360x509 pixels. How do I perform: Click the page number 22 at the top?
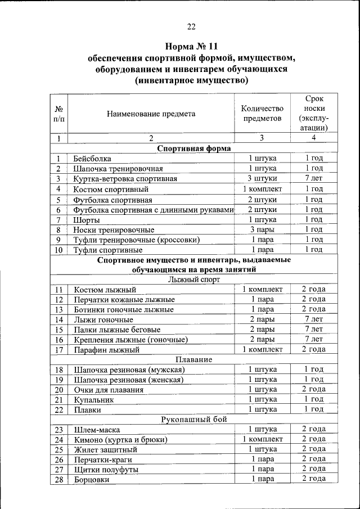tap(191, 26)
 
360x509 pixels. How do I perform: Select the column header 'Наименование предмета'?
tap(151, 114)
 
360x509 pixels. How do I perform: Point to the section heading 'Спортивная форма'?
tap(191, 148)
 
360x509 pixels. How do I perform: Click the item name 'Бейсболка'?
tap(92, 159)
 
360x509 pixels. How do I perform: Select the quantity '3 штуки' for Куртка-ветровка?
tap(262, 178)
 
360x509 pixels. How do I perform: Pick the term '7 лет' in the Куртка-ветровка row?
tap(314, 178)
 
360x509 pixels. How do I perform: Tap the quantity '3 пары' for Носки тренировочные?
tap(262, 229)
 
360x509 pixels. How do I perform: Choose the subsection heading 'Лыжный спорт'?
tap(191, 279)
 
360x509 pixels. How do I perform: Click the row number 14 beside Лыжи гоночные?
tap(58, 320)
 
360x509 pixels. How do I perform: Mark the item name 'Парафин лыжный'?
tap(106, 350)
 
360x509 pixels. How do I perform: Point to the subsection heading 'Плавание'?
tap(191, 359)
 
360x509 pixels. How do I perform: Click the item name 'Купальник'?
tap(93, 400)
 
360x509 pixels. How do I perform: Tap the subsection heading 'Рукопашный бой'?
tap(191, 420)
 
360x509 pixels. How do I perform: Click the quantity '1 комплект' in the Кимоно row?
tap(262, 439)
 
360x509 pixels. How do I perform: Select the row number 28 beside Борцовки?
tap(58, 480)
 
